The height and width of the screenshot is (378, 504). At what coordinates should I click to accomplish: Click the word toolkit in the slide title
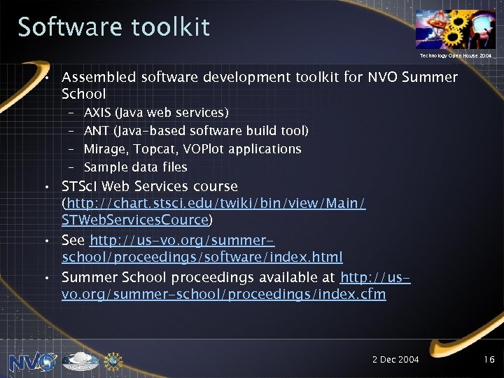tap(169, 27)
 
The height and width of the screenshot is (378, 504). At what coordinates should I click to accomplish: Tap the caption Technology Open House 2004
tap(455, 55)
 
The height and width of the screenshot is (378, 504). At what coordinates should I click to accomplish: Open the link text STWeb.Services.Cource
tap(135, 220)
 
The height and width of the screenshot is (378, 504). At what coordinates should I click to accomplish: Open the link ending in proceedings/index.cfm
tap(223, 294)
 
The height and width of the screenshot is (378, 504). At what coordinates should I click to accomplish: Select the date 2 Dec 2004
tap(395, 359)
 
